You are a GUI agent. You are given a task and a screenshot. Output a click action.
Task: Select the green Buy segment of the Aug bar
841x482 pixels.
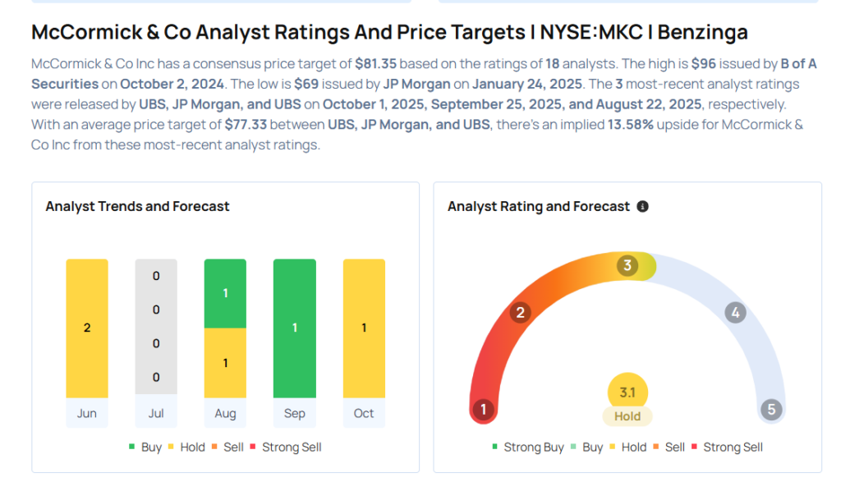(225, 293)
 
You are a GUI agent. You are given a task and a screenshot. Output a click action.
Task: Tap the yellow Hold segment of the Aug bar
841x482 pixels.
(225, 363)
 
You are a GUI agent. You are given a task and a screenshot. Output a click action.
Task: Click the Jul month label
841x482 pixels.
(156, 413)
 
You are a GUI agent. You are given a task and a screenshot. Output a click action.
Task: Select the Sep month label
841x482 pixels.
(294, 413)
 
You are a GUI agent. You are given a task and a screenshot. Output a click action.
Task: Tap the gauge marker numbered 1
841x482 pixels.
(484, 410)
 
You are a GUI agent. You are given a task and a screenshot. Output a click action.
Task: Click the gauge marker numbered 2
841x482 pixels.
(520, 312)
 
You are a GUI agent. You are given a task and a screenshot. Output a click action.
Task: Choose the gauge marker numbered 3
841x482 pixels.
(627, 265)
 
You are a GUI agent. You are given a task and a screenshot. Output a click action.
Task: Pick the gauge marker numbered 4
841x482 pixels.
(736, 312)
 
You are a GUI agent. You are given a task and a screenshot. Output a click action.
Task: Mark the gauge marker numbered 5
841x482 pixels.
(771, 410)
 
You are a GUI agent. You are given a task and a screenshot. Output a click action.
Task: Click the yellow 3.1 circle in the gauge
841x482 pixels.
(627, 392)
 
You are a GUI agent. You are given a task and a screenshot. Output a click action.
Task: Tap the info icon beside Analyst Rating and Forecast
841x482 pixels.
(642, 207)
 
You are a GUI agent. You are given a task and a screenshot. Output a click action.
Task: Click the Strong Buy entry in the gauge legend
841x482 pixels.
(529, 448)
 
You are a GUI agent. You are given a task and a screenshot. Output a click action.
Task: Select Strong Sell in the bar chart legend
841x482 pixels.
(292, 448)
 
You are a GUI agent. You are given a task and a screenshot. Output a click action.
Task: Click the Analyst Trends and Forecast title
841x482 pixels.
(137, 207)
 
